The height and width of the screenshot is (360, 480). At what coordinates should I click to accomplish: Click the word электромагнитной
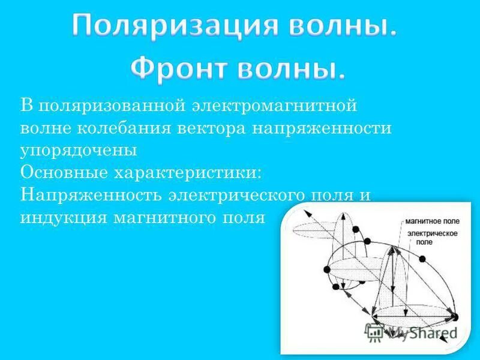click(275, 106)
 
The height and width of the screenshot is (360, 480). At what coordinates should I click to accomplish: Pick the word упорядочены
click(79, 151)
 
